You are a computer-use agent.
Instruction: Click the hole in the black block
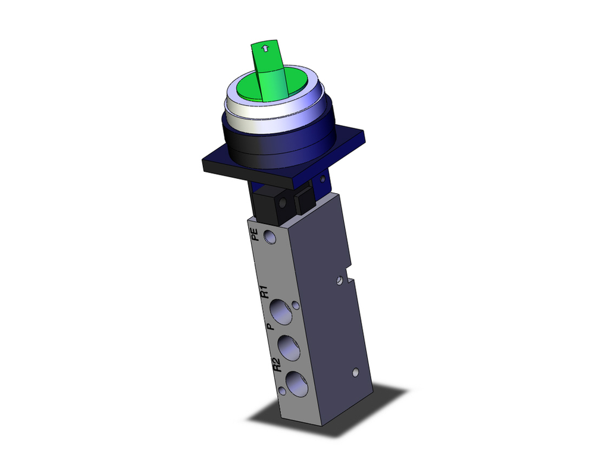coord(278,206)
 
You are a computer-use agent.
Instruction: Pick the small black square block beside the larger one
coord(303,202)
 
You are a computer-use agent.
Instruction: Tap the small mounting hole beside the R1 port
coord(295,307)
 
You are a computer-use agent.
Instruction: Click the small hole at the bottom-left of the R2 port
coord(280,391)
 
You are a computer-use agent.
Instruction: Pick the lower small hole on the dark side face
coord(355,373)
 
